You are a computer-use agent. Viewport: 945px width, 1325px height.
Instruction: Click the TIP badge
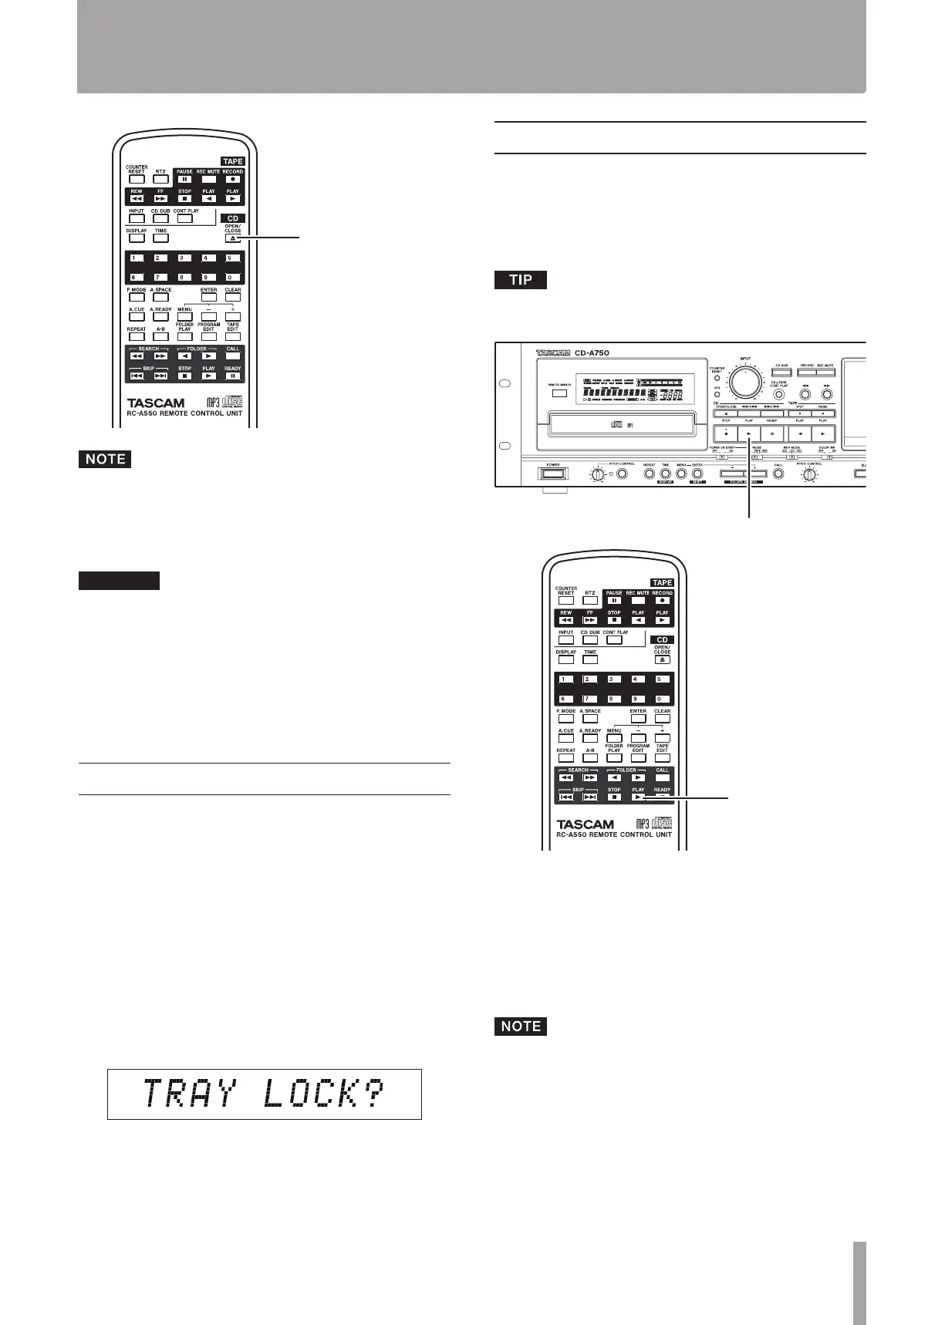tap(521, 280)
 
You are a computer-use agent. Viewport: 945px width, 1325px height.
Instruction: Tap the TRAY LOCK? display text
tap(264, 1094)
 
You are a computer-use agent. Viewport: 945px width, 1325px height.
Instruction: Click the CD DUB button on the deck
tap(781, 373)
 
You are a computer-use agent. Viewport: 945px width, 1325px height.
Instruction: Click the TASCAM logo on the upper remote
tap(156, 403)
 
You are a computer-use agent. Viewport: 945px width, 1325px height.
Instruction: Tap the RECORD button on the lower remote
tap(662, 600)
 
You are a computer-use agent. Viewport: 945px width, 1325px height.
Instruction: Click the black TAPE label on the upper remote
tap(232, 162)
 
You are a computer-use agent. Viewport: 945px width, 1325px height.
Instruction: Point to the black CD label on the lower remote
tap(662, 640)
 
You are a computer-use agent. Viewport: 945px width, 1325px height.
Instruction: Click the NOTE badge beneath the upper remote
tap(105, 459)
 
